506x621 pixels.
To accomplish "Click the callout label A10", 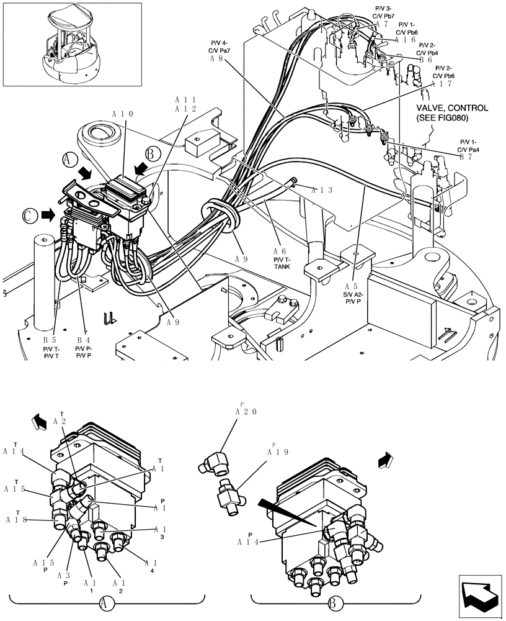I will (x=123, y=114).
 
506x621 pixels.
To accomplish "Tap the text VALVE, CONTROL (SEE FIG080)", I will (x=443, y=112).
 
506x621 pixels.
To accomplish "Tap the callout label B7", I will (x=469, y=157).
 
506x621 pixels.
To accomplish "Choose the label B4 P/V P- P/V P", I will (x=84, y=348).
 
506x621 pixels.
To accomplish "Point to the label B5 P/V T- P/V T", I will (x=50, y=348).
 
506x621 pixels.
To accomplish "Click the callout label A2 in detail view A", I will (x=60, y=421).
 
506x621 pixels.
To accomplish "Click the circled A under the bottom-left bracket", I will (x=107, y=602).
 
